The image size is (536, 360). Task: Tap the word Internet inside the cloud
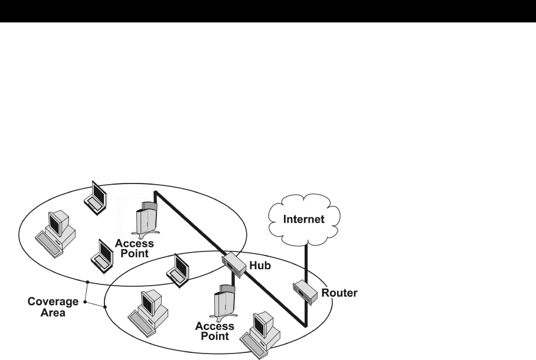click(x=305, y=220)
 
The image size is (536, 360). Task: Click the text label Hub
click(x=260, y=266)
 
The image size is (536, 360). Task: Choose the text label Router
click(x=339, y=292)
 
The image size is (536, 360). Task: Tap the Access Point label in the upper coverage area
click(x=134, y=248)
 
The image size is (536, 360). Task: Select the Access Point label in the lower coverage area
click(x=215, y=332)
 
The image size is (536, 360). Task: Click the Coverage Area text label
click(x=53, y=307)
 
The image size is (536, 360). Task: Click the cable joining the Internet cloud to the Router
click(x=306, y=260)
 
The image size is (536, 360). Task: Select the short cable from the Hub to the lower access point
click(x=234, y=283)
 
